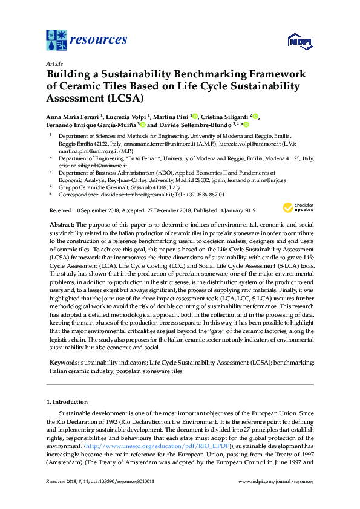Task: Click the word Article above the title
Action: (53, 63)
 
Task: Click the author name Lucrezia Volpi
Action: (125, 116)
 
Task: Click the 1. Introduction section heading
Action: (67, 401)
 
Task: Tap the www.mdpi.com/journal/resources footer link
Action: (276, 481)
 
